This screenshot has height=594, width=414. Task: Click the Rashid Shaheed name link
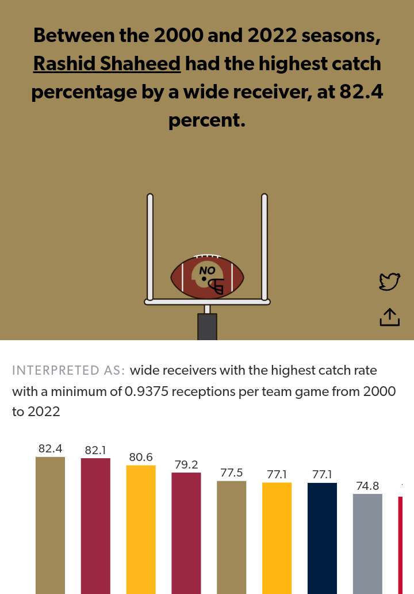point(107,63)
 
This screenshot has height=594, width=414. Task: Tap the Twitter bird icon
point(389,281)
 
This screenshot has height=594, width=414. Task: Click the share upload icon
point(389,317)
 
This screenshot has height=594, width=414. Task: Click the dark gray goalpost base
point(207,326)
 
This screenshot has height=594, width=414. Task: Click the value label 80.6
point(141,458)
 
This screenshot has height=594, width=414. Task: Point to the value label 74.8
point(367,486)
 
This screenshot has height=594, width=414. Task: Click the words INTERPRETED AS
point(68,370)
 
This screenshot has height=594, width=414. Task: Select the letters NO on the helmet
point(207,270)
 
